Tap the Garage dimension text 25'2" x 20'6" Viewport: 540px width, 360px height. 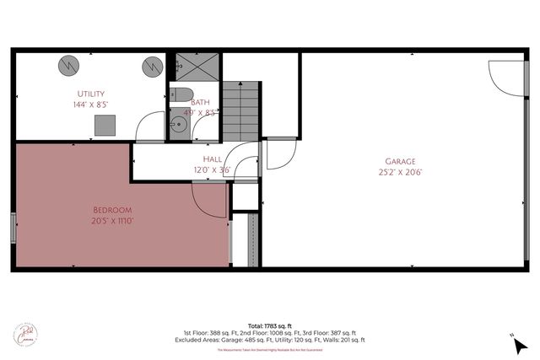(400, 173)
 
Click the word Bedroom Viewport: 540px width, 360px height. (112, 208)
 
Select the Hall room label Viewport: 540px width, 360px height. (212, 159)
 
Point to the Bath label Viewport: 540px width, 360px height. (199, 101)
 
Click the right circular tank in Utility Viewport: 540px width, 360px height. (152, 64)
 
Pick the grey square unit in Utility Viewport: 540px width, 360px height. (105, 126)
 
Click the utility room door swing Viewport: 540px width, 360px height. (152, 126)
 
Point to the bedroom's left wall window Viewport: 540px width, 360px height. (13, 228)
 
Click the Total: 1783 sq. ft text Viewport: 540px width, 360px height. (270, 325)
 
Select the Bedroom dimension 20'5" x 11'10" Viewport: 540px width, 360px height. (112, 220)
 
